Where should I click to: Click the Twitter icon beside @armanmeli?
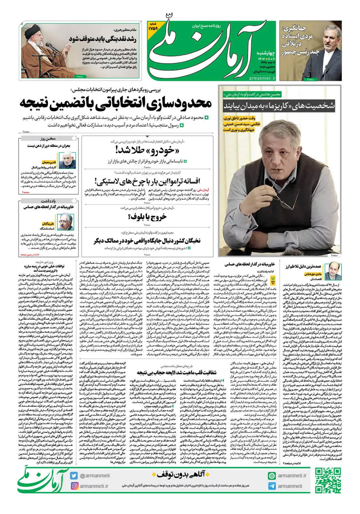point(74,476)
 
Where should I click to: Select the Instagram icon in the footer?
point(74,486)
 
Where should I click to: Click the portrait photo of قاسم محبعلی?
point(66,160)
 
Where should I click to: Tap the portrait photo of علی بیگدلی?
point(66,221)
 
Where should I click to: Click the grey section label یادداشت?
point(48,201)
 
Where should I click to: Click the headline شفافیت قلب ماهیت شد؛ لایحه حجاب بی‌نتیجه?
point(176,372)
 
